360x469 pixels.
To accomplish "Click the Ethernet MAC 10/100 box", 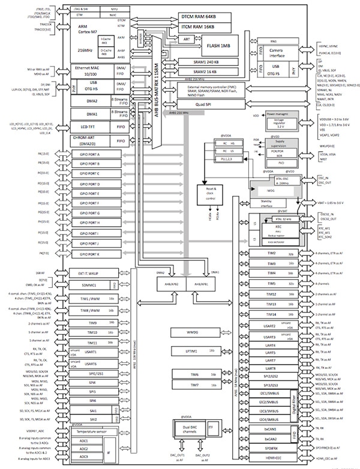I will pos(84,70).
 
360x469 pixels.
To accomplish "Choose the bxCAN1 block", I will pos(271,429).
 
